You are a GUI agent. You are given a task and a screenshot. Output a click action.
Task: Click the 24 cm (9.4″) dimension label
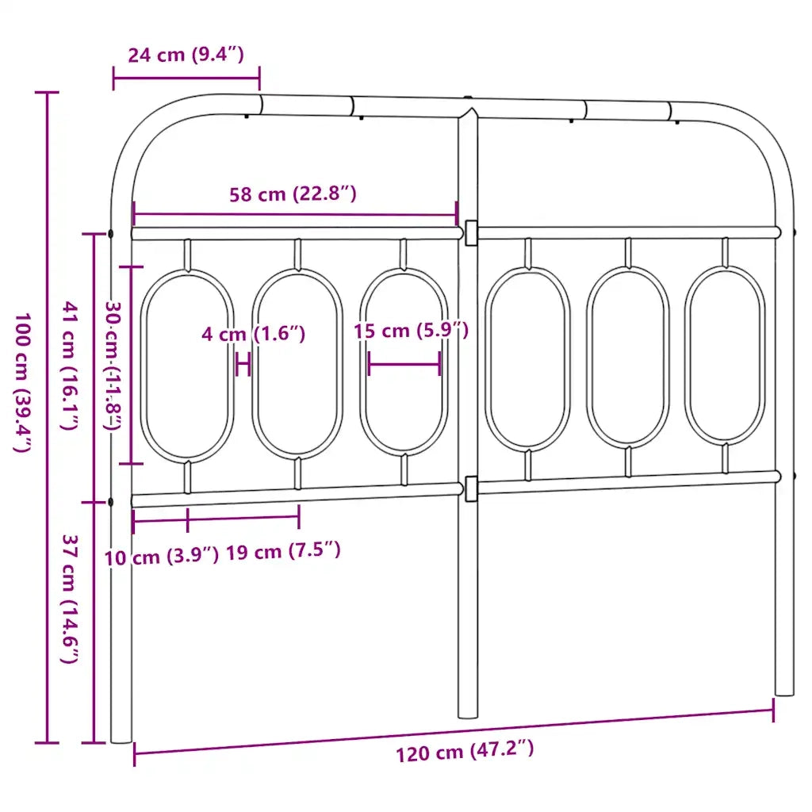pos(186,55)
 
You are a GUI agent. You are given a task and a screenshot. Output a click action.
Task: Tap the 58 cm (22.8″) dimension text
pos(293,194)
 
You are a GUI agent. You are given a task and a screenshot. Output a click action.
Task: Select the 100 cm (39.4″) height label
pos(22,382)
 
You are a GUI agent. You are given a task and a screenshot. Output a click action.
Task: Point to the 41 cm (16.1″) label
pos(71,365)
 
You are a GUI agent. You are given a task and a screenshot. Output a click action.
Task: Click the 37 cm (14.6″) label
pos(70,599)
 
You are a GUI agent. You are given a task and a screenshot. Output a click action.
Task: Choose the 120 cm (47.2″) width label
pos(465,752)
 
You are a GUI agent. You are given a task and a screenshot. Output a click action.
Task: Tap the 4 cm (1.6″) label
pos(253,334)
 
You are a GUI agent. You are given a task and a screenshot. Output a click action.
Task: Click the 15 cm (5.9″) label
pos(412,331)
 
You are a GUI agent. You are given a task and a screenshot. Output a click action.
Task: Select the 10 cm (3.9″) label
pos(162,557)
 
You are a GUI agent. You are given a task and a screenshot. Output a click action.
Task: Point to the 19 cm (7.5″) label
pos(283,551)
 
